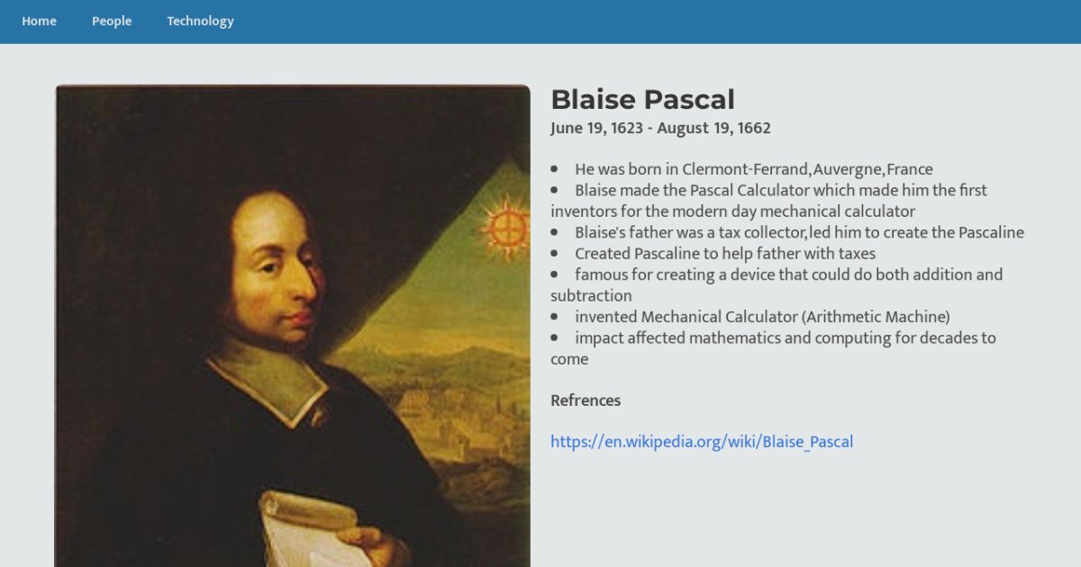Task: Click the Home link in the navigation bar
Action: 39,22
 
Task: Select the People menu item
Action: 112,22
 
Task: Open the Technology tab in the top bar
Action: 200,22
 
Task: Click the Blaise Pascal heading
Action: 643,100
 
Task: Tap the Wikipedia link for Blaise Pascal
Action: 702,442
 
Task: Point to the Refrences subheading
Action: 586,400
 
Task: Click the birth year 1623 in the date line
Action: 627,128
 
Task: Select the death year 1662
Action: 754,128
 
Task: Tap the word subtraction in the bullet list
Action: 591,295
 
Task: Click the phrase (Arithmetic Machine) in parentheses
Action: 876,317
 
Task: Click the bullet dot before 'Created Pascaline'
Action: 554,253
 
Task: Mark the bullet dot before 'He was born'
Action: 554,169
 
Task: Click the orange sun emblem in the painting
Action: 506,228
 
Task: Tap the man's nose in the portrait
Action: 305,284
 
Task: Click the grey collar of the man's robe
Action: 270,381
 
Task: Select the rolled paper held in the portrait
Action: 313,529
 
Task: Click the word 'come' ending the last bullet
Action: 569,360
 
